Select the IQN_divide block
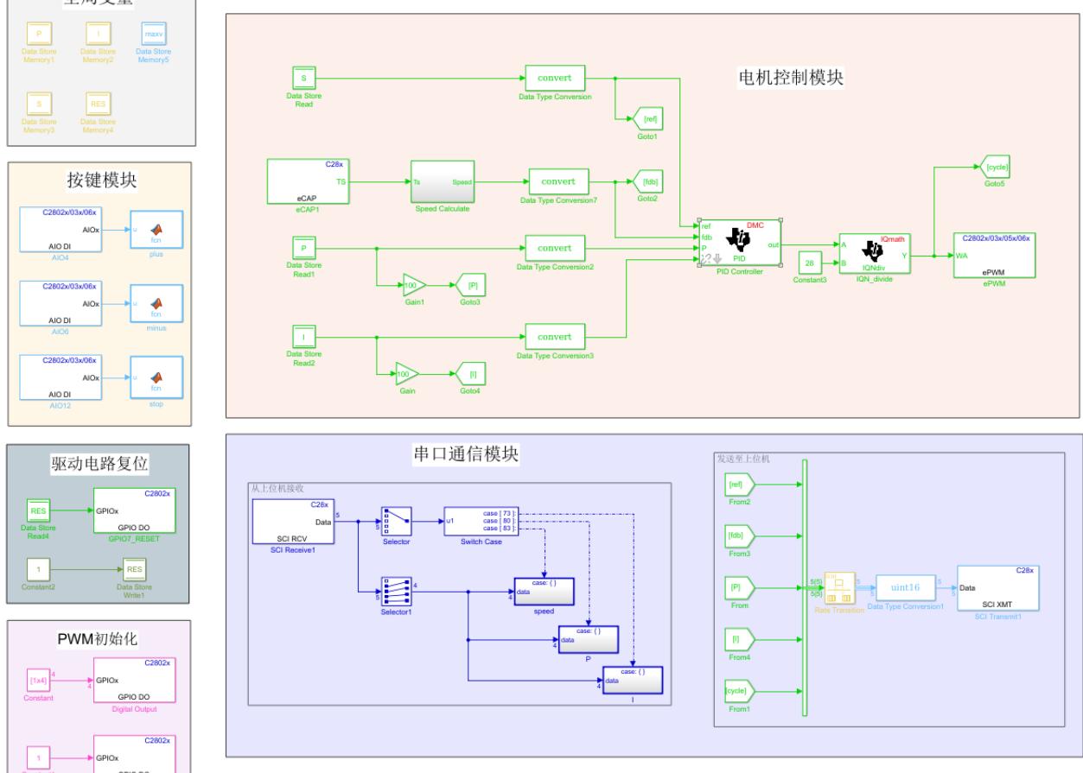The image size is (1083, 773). (x=875, y=250)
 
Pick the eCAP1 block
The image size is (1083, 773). (x=307, y=182)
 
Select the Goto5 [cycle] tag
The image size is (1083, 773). (x=997, y=166)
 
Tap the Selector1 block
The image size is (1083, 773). (x=397, y=592)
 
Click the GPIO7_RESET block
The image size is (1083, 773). (x=135, y=510)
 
